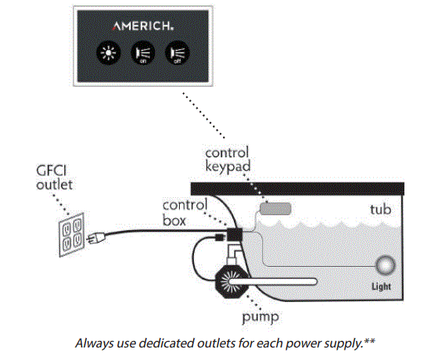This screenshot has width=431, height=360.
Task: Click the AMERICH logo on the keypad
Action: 142,24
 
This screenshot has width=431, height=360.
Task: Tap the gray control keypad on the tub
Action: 275,209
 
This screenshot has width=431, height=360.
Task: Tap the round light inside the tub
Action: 386,265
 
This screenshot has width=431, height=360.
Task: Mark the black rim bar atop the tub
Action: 297,189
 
